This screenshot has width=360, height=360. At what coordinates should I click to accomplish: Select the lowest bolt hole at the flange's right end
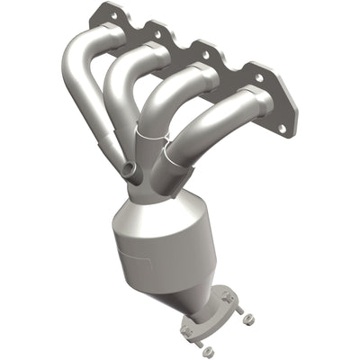[282, 129]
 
